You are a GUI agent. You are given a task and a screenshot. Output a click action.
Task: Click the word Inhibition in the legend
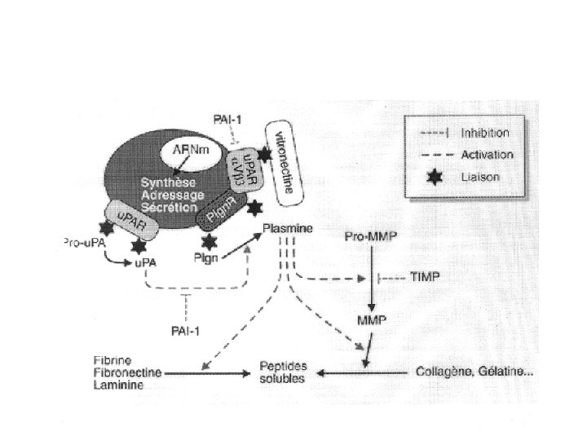[x=486, y=132]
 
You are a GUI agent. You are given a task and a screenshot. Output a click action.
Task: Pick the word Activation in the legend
[x=487, y=154]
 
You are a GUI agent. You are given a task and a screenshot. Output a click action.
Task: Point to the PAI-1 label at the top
[x=227, y=119]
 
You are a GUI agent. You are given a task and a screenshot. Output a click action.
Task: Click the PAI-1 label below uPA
[x=187, y=330]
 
